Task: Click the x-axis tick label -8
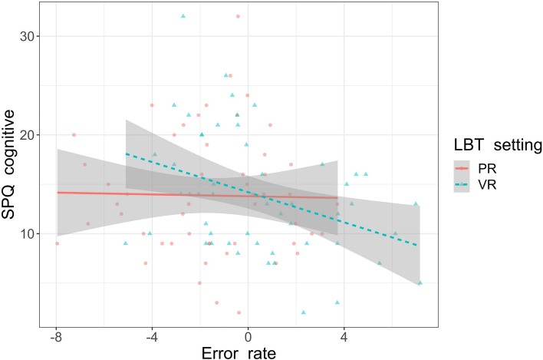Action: click(x=56, y=336)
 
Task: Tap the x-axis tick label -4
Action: click(x=152, y=336)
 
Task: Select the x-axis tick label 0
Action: click(x=248, y=336)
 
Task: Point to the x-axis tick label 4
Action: click(x=344, y=336)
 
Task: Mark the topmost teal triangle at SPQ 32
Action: click(x=183, y=16)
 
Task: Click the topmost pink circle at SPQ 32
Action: click(x=238, y=16)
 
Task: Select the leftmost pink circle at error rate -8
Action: click(x=57, y=243)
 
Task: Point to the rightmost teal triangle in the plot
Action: click(x=420, y=282)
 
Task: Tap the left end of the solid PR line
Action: click(x=57, y=193)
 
